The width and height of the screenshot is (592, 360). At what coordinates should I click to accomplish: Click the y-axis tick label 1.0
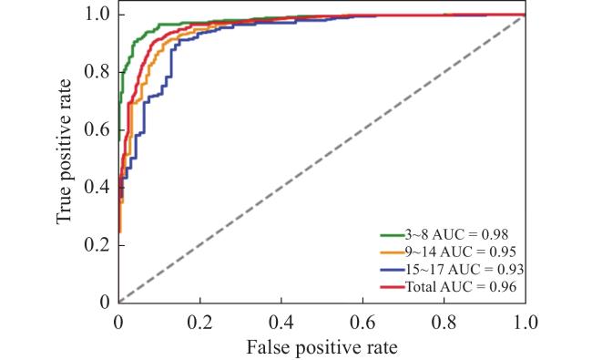coord(97,15)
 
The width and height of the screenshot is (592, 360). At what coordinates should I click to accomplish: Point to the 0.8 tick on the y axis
coord(97,72)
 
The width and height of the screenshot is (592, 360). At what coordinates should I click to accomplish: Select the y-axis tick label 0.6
coord(97,129)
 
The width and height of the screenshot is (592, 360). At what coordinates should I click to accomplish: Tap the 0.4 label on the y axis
coord(97,187)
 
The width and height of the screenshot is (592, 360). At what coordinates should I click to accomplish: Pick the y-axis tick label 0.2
coord(97,245)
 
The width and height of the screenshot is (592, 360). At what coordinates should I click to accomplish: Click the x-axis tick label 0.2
coord(200,323)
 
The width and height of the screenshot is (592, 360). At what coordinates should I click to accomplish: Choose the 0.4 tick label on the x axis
coord(281,323)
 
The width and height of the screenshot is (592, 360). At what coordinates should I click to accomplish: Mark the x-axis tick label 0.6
coord(362,323)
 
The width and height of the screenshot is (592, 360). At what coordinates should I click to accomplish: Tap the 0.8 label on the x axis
coord(444,323)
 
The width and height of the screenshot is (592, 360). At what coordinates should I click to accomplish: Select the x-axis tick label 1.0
coord(526,323)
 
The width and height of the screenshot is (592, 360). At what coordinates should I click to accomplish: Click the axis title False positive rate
coord(322,347)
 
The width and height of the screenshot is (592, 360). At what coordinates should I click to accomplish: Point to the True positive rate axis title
coord(64,152)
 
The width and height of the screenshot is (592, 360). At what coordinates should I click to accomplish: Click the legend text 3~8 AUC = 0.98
coord(456,234)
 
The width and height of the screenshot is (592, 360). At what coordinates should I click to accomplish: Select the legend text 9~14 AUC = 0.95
coord(461,252)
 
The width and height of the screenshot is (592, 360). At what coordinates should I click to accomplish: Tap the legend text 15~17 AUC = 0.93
coord(464,270)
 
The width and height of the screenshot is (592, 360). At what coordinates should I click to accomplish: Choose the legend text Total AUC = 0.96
coord(461,287)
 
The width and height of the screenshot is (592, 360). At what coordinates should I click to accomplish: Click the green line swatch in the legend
coord(393,235)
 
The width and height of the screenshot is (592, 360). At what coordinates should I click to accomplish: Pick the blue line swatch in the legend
coord(393,270)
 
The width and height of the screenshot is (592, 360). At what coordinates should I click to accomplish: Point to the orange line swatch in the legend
coord(393,252)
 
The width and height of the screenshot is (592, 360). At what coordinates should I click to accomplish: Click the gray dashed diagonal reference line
coord(322,159)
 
